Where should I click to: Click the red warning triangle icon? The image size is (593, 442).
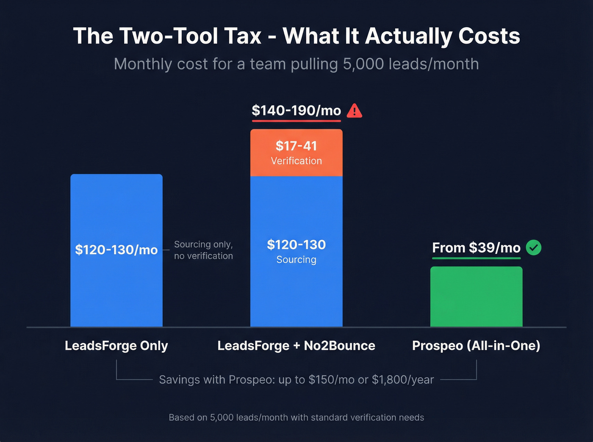click(x=355, y=111)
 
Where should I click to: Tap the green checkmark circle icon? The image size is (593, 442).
click(x=533, y=247)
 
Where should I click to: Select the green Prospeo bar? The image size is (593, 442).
click(x=476, y=296)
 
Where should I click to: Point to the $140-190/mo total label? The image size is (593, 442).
click(x=296, y=111)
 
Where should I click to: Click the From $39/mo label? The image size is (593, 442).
click(x=476, y=248)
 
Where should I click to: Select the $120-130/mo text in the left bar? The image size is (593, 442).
click(x=116, y=250)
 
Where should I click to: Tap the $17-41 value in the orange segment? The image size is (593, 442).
click(x=296, y=146)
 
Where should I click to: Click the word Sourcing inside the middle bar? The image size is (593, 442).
click(x=296, y=260)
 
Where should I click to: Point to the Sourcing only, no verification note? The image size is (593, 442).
click(x=203, y=250)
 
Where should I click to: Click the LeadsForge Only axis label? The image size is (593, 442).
click(x=116, y=346)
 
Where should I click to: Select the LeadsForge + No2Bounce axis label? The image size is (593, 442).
click(x=296, y=346)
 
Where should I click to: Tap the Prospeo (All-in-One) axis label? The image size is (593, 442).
click(x=476, y=346)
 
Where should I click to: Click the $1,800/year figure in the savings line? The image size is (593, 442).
click(x=403, y=380)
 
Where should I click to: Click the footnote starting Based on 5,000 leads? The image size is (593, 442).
click(x=296, y=417)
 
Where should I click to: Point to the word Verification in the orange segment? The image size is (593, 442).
click(x=296, y=161)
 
